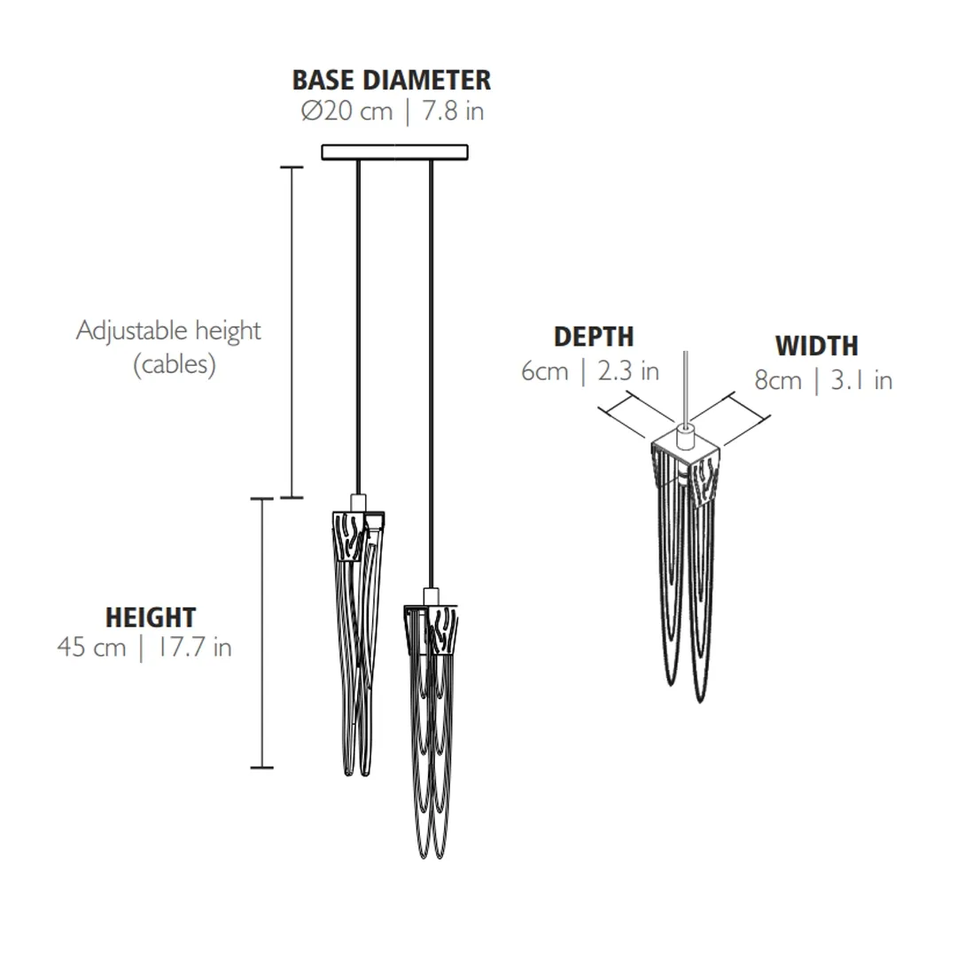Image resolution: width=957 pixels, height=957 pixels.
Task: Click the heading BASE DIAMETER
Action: pos(392,80)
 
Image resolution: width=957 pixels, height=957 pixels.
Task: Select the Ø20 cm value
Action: pos(346,111)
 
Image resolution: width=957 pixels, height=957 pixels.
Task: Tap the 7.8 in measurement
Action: pos(454,111)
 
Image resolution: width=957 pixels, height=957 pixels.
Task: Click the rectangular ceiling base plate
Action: pos(395,152)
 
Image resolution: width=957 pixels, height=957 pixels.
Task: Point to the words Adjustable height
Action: pos(168,331)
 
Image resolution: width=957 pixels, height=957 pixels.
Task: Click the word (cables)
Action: pos(175,364)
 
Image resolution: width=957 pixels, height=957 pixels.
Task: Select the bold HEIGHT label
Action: pos(151,617)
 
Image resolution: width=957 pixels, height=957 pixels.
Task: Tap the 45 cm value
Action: pos(91,647)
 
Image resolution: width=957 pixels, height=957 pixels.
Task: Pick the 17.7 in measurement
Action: pos(195,647)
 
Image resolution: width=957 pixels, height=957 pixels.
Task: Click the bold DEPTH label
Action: pos(594,337)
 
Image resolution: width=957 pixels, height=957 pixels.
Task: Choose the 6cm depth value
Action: pos(544,371)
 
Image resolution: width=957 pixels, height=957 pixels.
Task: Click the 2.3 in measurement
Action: pos(628,371)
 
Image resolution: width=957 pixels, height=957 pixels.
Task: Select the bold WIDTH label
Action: pos(817,346)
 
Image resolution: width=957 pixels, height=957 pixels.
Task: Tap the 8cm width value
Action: pos(778,380)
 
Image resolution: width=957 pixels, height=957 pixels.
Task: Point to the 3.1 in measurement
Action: pos(862,380)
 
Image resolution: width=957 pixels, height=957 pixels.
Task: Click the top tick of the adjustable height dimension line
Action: pos(292,167)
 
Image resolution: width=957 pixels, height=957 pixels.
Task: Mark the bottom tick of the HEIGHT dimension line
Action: pos(261,767)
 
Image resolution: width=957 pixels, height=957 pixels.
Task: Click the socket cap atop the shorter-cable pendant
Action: pos(358,502)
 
